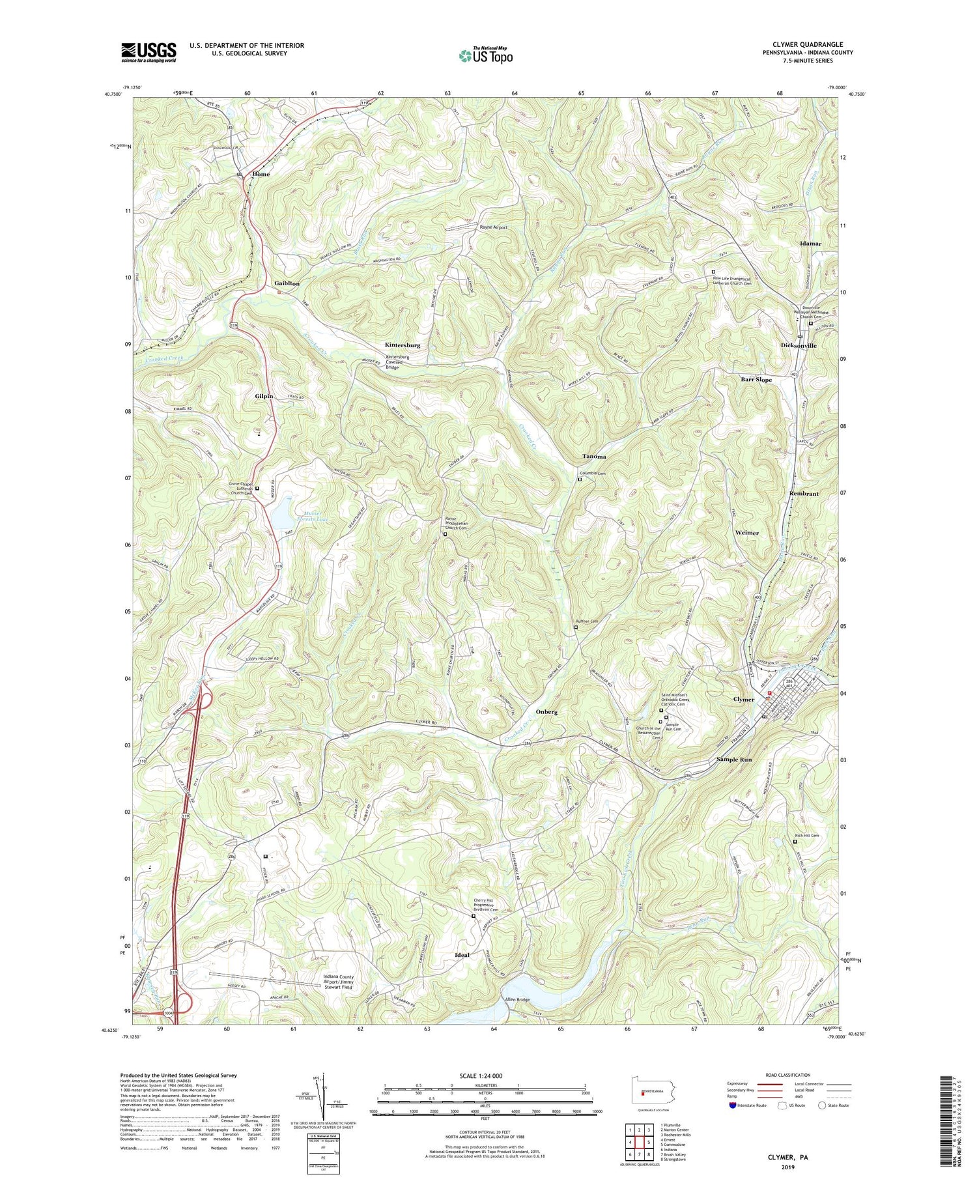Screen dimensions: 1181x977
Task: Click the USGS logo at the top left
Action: click(149, 52)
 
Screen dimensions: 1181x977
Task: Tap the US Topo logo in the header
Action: click(485, 56)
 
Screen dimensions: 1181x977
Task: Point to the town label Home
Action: click(261, 175)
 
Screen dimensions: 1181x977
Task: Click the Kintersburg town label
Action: click(402, 345)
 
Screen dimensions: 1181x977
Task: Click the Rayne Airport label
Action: click(493, 227)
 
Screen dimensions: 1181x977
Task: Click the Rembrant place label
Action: click(804, 494)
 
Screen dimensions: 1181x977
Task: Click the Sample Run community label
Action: click(734, 760)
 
